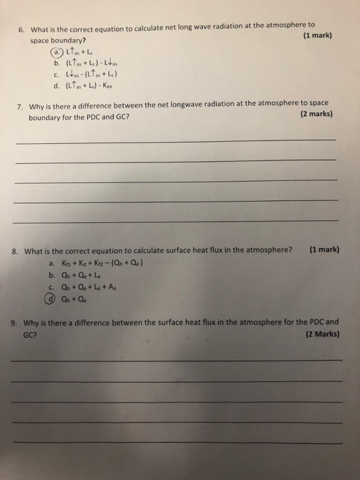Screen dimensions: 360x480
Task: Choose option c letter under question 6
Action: (x=53, y=75)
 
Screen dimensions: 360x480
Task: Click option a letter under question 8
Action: (x=51, y=263)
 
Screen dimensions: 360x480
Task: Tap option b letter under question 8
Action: (x=51, y=275)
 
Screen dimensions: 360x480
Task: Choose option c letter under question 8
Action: (x=51, y=287)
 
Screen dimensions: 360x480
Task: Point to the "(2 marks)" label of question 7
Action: (x=316, y=115)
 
